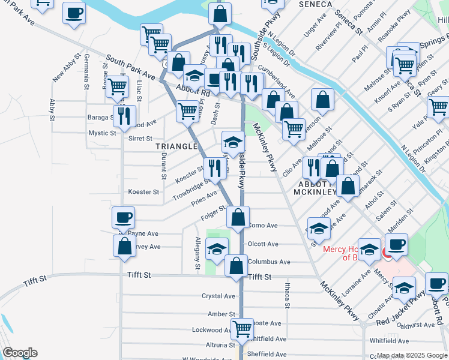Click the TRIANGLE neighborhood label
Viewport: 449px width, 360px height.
[176, 146]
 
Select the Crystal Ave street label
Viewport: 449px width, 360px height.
[218, 296]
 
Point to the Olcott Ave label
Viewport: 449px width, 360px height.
[263, 244]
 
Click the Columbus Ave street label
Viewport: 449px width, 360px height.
[269, 262]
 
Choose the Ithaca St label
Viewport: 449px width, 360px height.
[288, 296]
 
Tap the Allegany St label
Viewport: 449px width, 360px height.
[197, 252]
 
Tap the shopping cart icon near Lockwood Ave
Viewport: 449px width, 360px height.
[242, 329]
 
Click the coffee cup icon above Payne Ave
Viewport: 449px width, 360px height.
[124, 218]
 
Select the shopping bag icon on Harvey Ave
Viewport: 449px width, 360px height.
[124, 246]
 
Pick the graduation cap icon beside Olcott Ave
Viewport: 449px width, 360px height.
[217, 250]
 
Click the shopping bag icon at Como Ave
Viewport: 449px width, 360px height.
[238, 218]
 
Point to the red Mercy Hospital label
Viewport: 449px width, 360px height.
[343, 253]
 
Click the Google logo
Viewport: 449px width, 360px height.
[19, 353]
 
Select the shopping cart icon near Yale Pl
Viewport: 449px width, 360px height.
[439, 108]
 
